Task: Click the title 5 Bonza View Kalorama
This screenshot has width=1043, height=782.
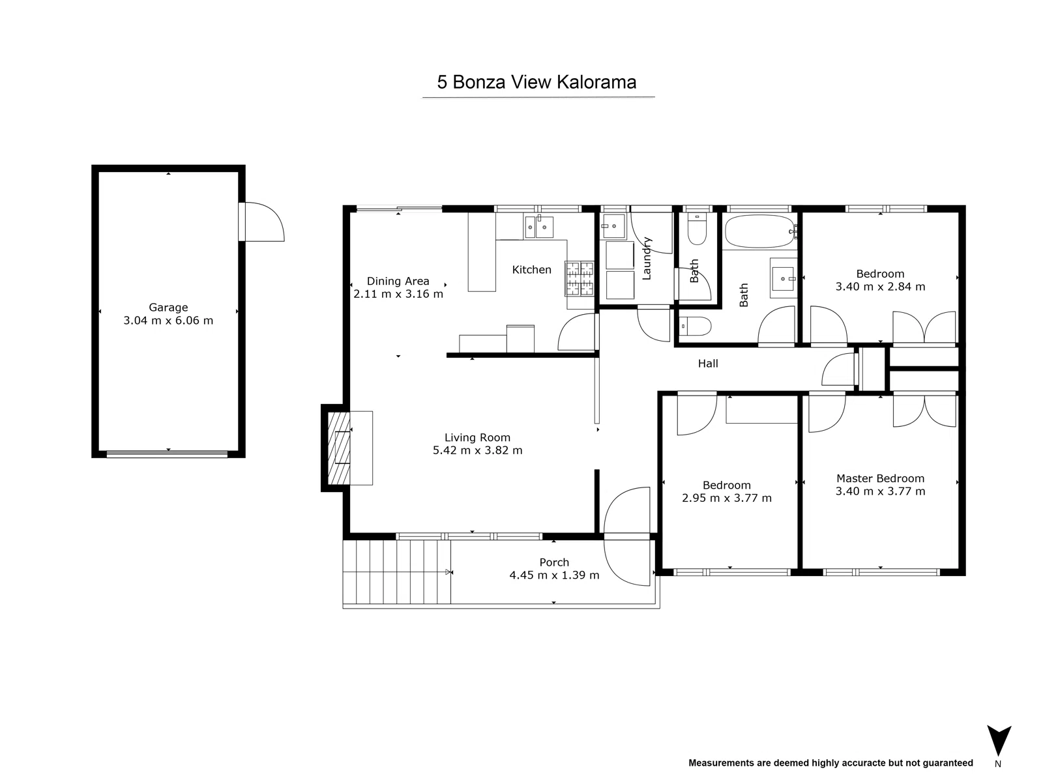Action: [x=536, y=83]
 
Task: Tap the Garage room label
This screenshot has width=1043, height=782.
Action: [x=168, y=308]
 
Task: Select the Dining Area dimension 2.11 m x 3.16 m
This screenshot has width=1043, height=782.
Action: [x=398, y=294]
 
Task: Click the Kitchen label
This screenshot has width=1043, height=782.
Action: [x=531, y=270]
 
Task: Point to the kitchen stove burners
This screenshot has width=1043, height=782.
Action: [x=580, y=278]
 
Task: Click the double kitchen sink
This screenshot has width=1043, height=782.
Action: [x=538, y=227]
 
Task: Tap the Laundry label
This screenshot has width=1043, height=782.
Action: [x=647, y=259]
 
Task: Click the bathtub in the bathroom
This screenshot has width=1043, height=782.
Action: [x=759, y=231]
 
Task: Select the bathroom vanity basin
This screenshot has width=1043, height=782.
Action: [x=782, y=278]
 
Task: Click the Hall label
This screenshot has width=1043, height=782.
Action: [x=708, y=364]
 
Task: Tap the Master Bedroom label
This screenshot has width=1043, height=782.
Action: [x=880, y=478]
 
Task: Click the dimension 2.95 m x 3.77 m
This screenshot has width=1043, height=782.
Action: [x=726, y=499]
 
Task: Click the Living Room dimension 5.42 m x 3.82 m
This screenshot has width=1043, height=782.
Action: [x=477, y=450]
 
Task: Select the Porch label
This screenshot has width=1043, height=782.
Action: [x=554, y=562]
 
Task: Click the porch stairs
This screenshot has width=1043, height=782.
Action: [x=396, y=572]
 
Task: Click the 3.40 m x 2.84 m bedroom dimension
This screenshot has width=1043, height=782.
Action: [x=880, y=287]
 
